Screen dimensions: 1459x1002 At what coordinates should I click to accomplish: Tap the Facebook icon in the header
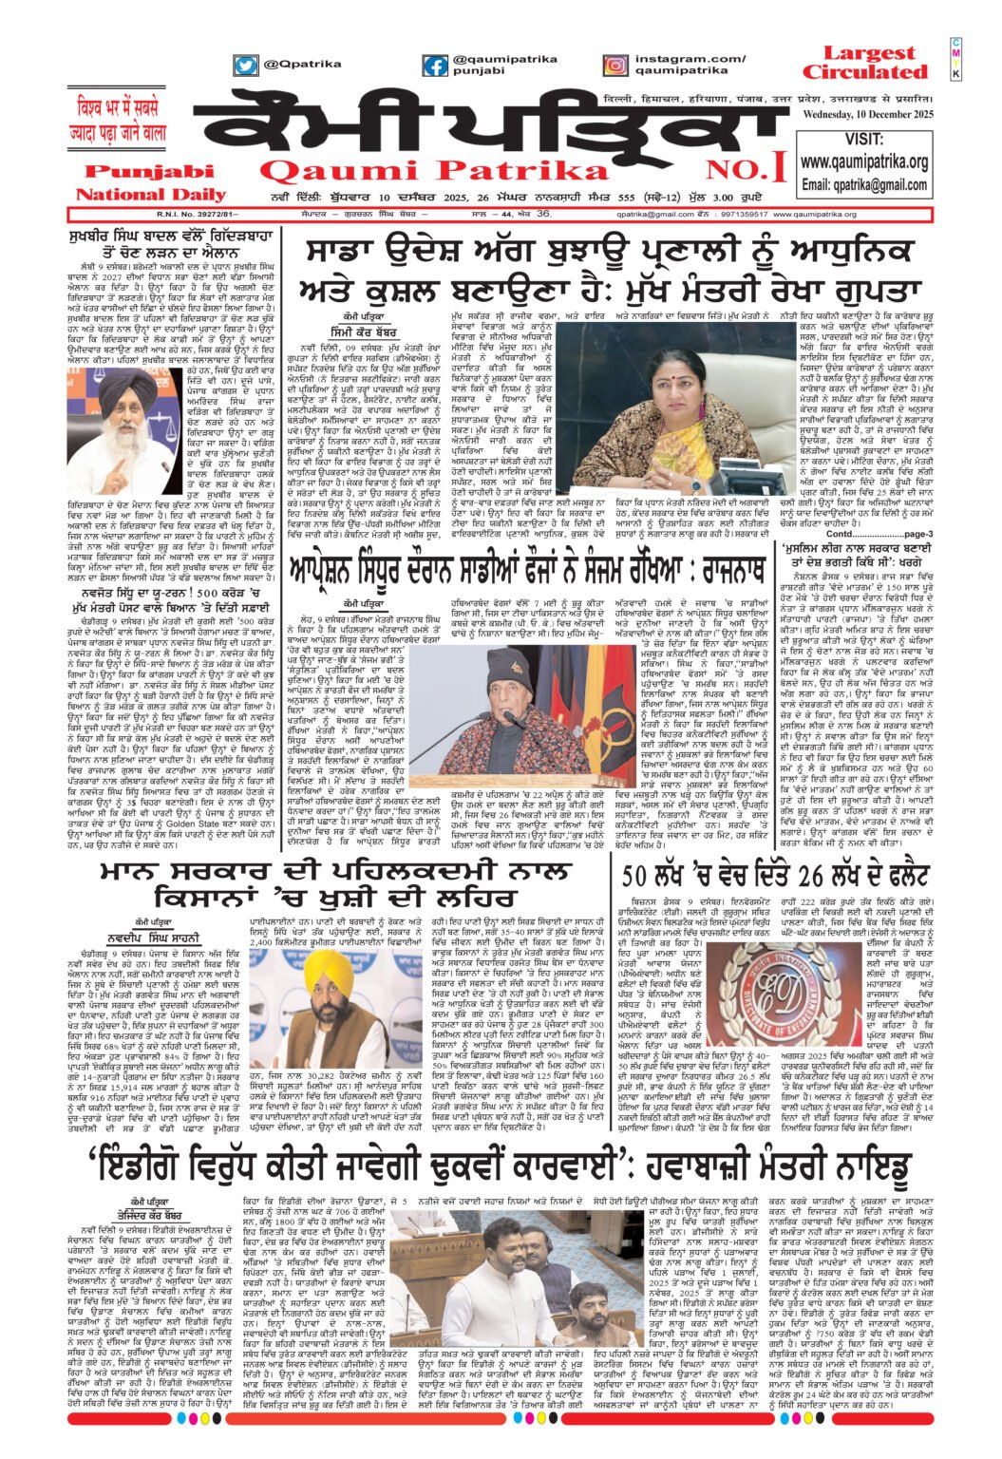pyautogui.click(x=435, y=66)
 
